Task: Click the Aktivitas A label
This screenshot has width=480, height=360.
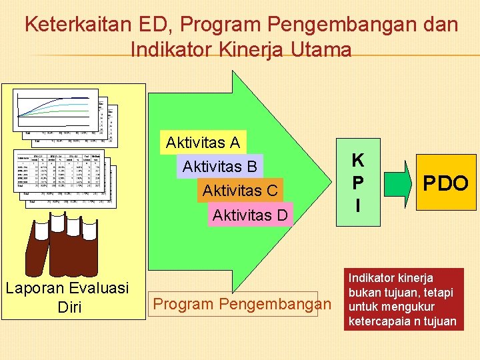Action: (203, 143)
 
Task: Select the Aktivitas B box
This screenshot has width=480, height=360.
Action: (219, 166)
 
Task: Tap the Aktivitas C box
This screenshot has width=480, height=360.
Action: (240, 191)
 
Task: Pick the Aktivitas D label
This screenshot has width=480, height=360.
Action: (250, 215)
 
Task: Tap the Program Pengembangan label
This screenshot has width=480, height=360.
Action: (242, 304)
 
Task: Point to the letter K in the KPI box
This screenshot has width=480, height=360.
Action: (358, 160)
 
